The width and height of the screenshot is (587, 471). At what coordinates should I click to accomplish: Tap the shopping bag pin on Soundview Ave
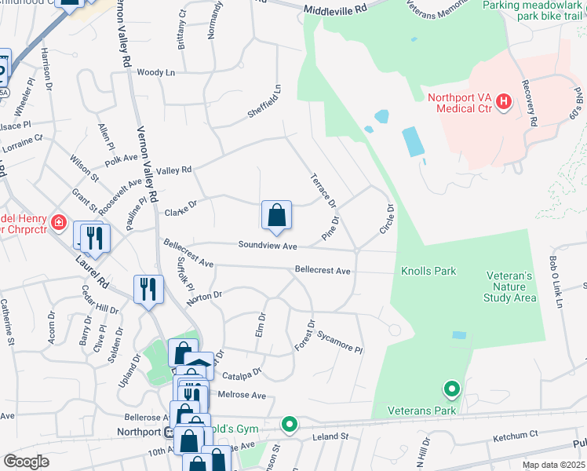click(x=276, y=216)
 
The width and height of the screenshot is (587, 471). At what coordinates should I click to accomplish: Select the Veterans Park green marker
click(x=451, y=389)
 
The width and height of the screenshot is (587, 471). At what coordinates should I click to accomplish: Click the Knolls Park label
click(x=428, y=272)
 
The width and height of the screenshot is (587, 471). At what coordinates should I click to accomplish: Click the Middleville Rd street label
click(x=335, y=9)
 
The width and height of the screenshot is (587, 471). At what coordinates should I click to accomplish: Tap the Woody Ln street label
click(x=155, y=72)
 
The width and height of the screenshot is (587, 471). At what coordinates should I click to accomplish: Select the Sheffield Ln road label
click(x=264, y=103)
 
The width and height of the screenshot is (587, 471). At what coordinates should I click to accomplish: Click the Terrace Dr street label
click(x=323, y=191)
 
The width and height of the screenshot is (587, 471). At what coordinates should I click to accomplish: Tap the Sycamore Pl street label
click(x=340, y=341)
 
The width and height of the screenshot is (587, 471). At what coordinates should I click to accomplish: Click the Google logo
click(x=26, y=462)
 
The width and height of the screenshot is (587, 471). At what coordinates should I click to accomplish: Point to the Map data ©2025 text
click(x=552, y=465)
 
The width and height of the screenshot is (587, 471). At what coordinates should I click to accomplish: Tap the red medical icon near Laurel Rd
click(x=57, y=223)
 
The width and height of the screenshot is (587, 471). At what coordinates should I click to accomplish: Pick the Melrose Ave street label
click(x=243, y=395)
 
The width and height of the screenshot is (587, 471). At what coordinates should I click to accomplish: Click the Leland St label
click(x=330, y=436)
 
